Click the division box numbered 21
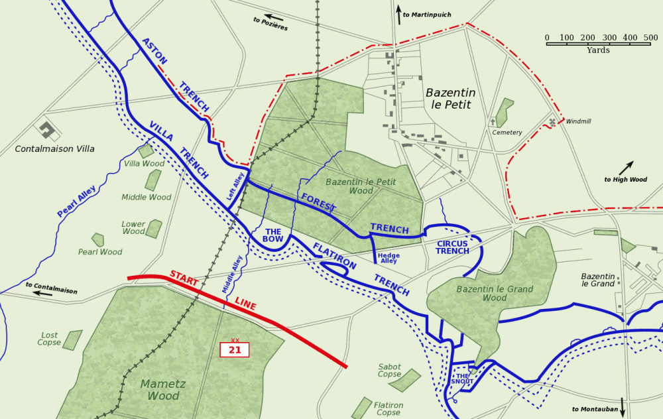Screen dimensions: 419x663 [x=235, y=349]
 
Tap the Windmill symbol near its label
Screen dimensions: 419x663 [x=552, y=122]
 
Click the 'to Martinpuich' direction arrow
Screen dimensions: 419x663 [x=398, y=15]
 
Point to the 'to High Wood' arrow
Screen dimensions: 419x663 [x=627, y=168]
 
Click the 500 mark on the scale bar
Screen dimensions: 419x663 [x=650, y=38]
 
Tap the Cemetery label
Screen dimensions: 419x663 [x=507, y=133]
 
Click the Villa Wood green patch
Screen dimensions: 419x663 [x=147, y=151]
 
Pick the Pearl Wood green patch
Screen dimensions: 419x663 [x=98, y=239]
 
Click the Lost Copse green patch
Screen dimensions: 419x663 [x=72, y=340]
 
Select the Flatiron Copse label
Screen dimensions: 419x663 [x=389, y=409]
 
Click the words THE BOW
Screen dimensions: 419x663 [x=273, y=235]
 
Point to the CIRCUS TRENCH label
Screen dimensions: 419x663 [x=453, y=247]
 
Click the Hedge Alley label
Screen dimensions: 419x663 [x=389, y=258]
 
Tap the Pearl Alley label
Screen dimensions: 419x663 [x=77, y=202]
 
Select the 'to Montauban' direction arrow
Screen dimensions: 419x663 [x=623, y=406]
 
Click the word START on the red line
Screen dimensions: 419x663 [x=184, y=278]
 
